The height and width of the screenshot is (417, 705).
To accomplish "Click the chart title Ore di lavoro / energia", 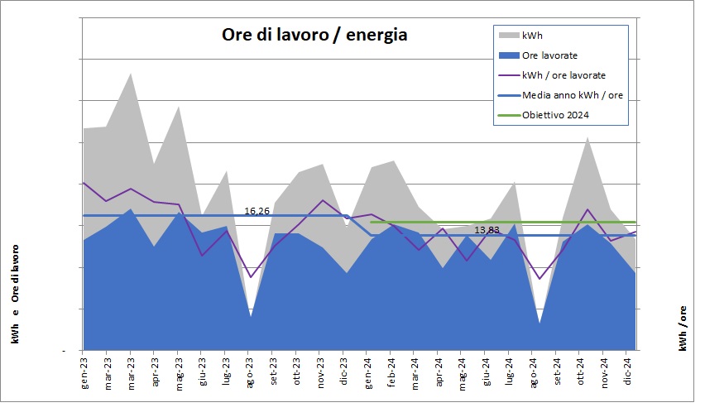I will coord(314,36).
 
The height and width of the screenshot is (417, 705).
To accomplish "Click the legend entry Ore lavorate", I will coord(549,55).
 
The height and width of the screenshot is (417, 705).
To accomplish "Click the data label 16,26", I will coord(257,211).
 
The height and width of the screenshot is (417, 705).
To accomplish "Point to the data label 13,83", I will coord(487,229).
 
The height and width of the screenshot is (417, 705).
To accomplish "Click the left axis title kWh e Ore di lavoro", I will coord(16,293).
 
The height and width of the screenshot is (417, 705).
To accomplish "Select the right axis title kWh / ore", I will coord(683,327).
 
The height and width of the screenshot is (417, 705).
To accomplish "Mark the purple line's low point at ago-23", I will coord(250,277).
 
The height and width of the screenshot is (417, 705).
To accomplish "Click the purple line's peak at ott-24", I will coord(587,209).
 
